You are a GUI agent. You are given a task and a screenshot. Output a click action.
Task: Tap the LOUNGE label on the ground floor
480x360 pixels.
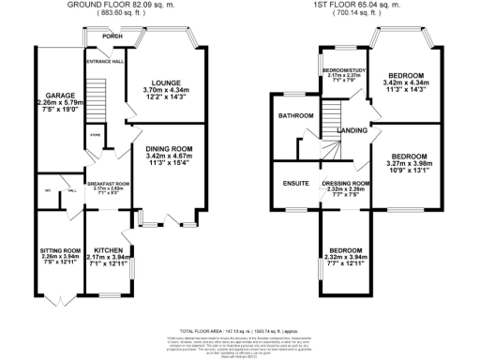click(167, 82)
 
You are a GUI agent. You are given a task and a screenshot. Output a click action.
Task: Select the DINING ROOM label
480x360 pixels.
click(169, 148)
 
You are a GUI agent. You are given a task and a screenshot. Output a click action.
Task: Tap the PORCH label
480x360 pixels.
click(112, 38)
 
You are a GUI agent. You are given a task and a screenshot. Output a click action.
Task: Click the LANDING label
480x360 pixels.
click(352, 130)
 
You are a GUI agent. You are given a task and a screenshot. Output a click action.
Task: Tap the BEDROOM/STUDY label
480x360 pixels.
click(344, 71)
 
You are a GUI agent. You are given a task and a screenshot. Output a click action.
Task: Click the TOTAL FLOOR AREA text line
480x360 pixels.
click(240, 331)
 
